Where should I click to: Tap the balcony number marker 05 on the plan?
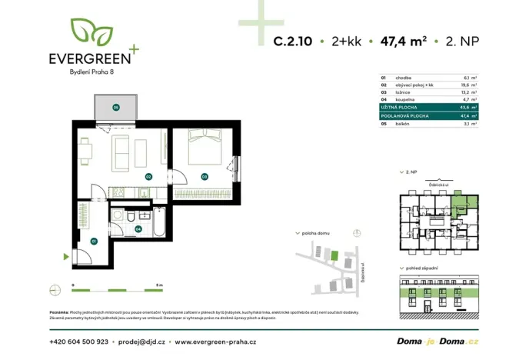coord(115,107)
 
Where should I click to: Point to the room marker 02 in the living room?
coord(148,176)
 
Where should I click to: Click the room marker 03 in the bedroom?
coord(204,176)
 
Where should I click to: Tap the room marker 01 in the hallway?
coord(93,241)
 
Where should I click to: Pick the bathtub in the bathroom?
coord(159,221)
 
